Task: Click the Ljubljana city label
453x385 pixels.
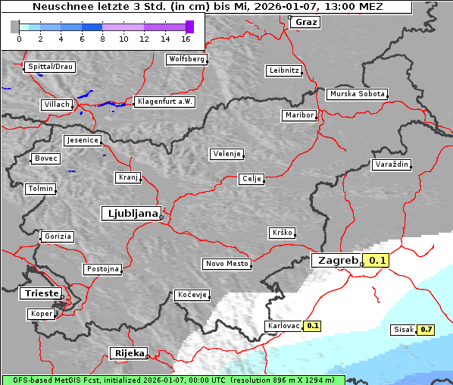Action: pos(130,214)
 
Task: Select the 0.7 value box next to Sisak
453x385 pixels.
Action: pos(426,330)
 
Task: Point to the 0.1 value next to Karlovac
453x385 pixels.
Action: pos(313,326)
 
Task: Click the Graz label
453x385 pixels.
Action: pos(306,22)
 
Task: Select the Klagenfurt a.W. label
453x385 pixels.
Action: pos(164,102)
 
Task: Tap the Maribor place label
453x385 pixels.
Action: pos(298,115)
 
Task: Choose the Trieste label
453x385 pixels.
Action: pos(40,293)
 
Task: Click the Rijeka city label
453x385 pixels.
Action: pos(128,353)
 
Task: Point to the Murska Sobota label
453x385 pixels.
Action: pos(357,95)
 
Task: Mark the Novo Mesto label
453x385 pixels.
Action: pos(226,264)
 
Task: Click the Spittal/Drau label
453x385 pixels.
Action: pos(50,67)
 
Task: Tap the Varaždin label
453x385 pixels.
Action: pos(392,164)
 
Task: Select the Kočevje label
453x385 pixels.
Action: pos(191,295)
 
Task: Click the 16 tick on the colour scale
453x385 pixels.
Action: pos(186,38)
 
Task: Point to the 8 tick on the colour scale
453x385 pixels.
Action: pos(102,38)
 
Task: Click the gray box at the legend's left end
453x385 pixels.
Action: pos(14,27)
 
